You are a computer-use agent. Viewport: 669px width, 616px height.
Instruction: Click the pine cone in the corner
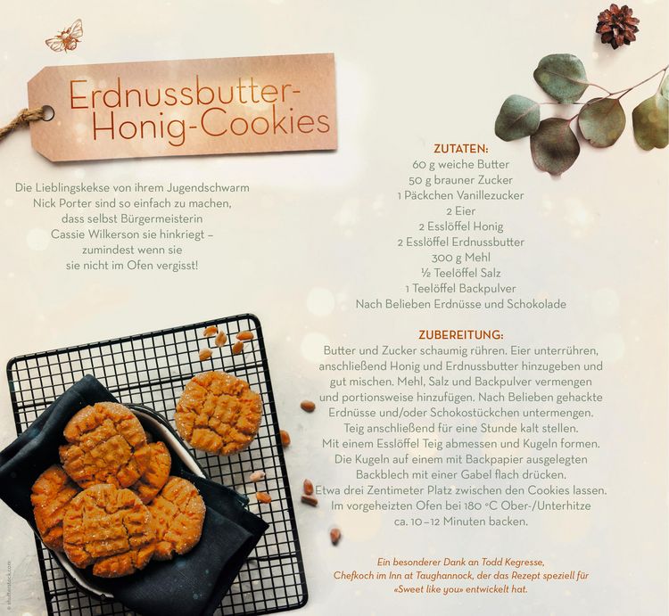click(x=617, y=26)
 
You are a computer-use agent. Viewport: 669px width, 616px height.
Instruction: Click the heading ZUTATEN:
click(x=461, y=149)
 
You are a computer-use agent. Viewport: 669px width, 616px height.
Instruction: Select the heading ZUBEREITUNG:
click(x=461, y=334)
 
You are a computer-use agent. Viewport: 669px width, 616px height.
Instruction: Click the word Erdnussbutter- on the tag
click(x=186, y=94)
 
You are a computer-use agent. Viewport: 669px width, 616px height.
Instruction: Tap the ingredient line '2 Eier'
click(x=461, y=211)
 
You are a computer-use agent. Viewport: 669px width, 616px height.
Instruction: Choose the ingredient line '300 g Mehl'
click(x=461, y=258)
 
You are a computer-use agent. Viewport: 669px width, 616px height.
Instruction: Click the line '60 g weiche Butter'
click(x=461, y=165)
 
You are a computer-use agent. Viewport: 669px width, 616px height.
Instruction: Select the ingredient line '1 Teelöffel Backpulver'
click(x=461, y=289)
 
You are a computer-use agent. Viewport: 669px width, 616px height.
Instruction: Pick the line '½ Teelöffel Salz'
click(x=461, y=273)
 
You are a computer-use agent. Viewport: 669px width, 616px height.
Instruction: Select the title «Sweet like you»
click(x=428, y=589)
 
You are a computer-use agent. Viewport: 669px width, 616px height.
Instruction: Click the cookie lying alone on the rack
click(x=219, y=412)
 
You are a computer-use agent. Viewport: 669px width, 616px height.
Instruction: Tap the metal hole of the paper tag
click(x=46, y=113)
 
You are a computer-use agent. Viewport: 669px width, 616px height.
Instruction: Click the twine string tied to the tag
click(x=22, y=122)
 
